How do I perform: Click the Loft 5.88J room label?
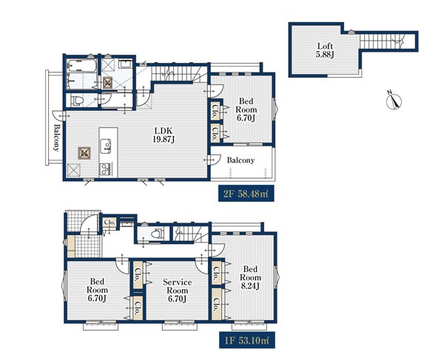325,50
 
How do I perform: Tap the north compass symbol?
394,101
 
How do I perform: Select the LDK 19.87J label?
163,135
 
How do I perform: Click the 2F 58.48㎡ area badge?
246,194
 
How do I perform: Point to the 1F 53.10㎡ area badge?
247,340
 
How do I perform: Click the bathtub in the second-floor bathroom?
81,66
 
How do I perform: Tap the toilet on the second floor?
77,101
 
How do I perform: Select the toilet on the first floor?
156,234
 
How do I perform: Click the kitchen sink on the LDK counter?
105,146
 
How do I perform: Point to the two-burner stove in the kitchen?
105,169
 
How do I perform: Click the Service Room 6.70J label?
178,291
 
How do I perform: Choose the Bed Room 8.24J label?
250,277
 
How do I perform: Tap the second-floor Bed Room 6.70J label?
246,109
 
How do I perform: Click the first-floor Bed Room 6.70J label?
97,290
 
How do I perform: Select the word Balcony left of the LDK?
57,137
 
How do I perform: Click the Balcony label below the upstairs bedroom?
240,160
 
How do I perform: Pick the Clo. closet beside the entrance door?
110,223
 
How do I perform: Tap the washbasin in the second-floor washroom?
125,64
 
